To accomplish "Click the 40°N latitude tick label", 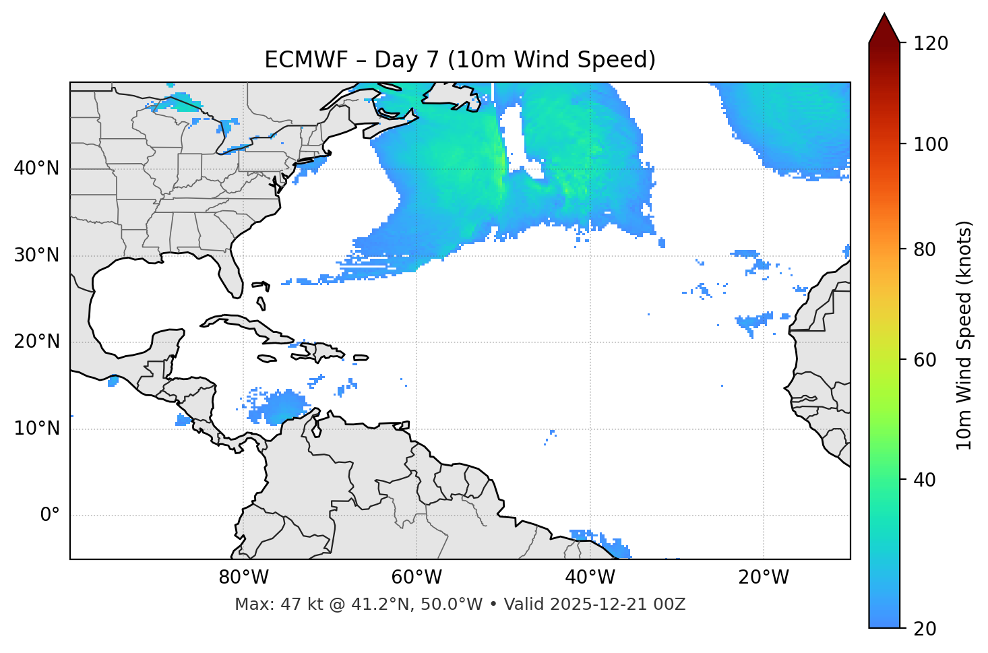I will (x=36, y=168).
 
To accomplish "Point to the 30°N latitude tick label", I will (x=36, y=255).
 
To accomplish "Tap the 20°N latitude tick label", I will (x=36, y=342).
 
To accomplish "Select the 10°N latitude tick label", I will (x=36, y=429).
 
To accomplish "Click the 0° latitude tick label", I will (x=50, y=516).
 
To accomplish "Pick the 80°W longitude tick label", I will (x=243, y=578).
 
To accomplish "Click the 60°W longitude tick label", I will (x=416, y=578).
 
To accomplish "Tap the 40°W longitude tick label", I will (x=590, y=578).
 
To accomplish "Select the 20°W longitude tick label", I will (x=764, y=578).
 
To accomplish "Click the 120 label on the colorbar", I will (x=931, y=43).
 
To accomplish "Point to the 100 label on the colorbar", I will (x=931, y=144).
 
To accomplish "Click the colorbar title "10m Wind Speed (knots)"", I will (x=964, y=335).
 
